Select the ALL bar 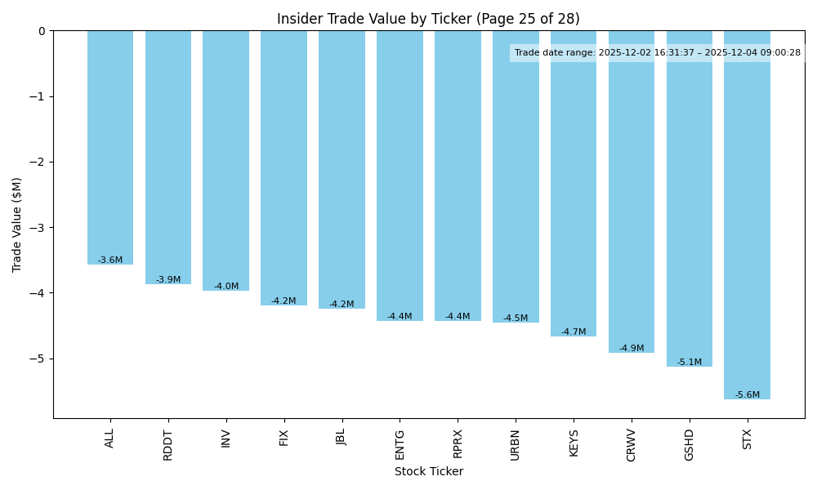tap(110, 147)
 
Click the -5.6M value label tap(747, 395)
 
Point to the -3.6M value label tap(110, 261)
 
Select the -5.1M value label tap(689, 363)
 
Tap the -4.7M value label tap(574, 332)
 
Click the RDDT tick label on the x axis tap(168, 444)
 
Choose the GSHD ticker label tap(689, 444)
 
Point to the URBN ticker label tap(516, 444)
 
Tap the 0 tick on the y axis tap(42, 31)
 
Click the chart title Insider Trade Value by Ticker tap(428, 19)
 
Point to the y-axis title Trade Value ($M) tap(17, 225)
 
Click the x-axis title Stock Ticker tap(428, 471)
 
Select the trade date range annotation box tap(657, 53)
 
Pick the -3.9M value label tap(168, 280)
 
